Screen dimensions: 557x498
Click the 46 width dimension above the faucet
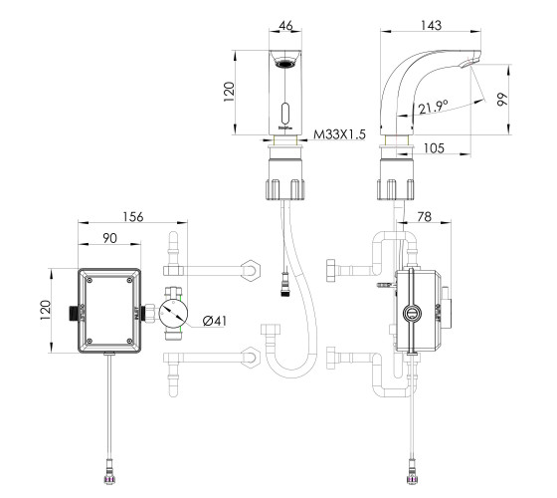click(x=286, y=25)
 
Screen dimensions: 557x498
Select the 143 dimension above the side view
click(x=431, y=25)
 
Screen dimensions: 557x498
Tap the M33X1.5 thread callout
click(x=339, y=134)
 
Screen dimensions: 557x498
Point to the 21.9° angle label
click(x=433, y=107)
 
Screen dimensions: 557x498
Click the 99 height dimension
click(x=502, y=100)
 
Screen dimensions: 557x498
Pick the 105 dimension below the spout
click(x=434, y=148)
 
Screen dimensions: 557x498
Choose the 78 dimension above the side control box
click(x=424, y=217)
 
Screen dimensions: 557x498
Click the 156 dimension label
click(x=133, y=217)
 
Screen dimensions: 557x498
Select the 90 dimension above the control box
click(x=109, y=238)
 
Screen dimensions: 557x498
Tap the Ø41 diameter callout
click(x=214, y=321)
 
